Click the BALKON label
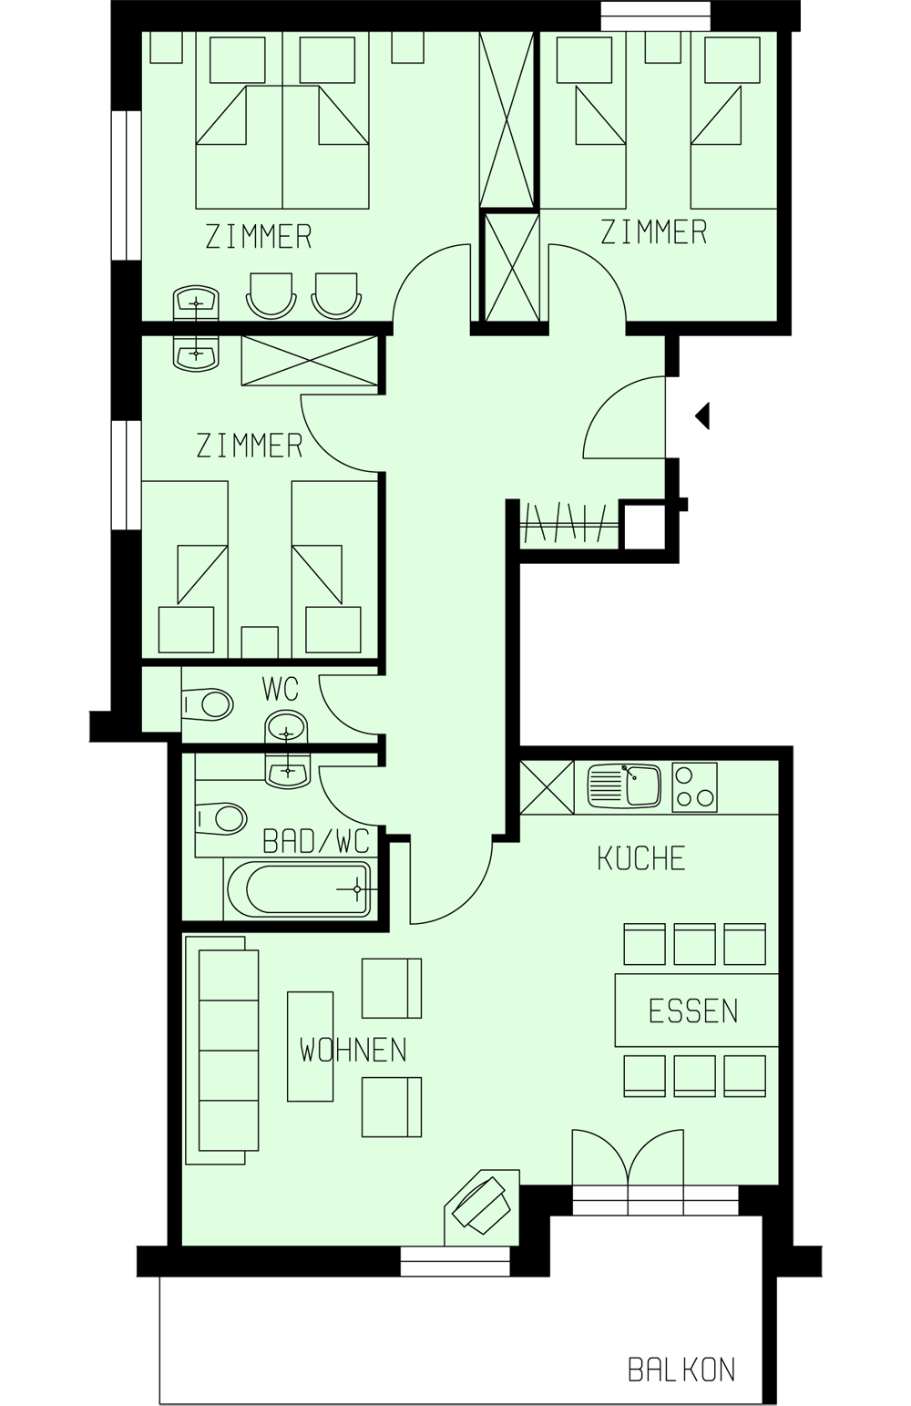click(681, 1370)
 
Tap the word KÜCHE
click(641, 858)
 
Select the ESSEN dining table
click(696, 1011)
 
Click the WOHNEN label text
click(353, 1051)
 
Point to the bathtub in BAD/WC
click(298, 888)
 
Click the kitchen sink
click(624, 785)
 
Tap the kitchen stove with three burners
click(694, 786)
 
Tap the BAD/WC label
click(316, 840)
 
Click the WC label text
click(280, 690)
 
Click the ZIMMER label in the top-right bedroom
click(653, 232)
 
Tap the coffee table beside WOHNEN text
click(311, 1047)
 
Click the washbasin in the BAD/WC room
click(288, 770)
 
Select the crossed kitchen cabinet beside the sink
click(547, 787)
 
